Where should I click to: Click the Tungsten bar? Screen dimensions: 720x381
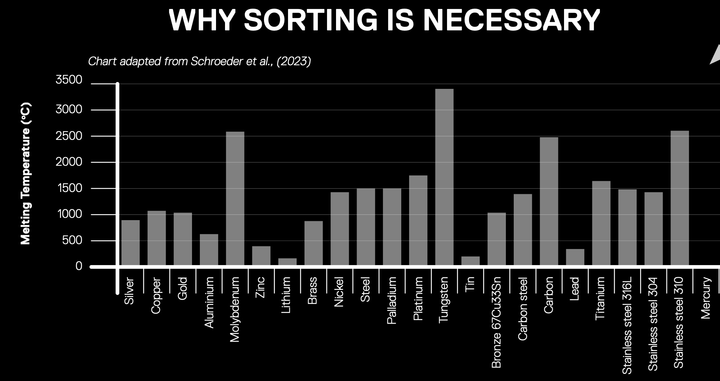tap(444, 177)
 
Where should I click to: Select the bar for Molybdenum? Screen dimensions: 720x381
tap(235, 198)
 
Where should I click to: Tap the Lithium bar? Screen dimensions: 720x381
tap(287, 262)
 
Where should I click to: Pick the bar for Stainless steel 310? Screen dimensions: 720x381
tap(679, 198)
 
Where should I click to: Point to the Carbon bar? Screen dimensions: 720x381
tap(549, 201)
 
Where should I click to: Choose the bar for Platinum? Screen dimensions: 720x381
tap(418, 220)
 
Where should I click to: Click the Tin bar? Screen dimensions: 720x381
tap(471, 261)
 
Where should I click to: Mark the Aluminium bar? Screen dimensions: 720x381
tap(209, 250)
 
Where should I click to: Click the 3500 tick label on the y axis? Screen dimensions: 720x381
tap(69, 80)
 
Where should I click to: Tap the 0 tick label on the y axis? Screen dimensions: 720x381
tap(79, 266)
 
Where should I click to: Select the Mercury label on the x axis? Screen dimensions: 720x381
tap(706, 298)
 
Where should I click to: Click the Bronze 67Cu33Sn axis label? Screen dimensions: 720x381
tap(496, 322)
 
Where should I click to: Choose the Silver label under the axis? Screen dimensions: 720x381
tap(129, 291)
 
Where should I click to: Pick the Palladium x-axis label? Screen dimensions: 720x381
tap(391, 301)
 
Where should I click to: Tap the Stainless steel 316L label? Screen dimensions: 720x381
tap(627, 325)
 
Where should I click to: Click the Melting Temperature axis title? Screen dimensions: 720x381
tap(26, 174)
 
